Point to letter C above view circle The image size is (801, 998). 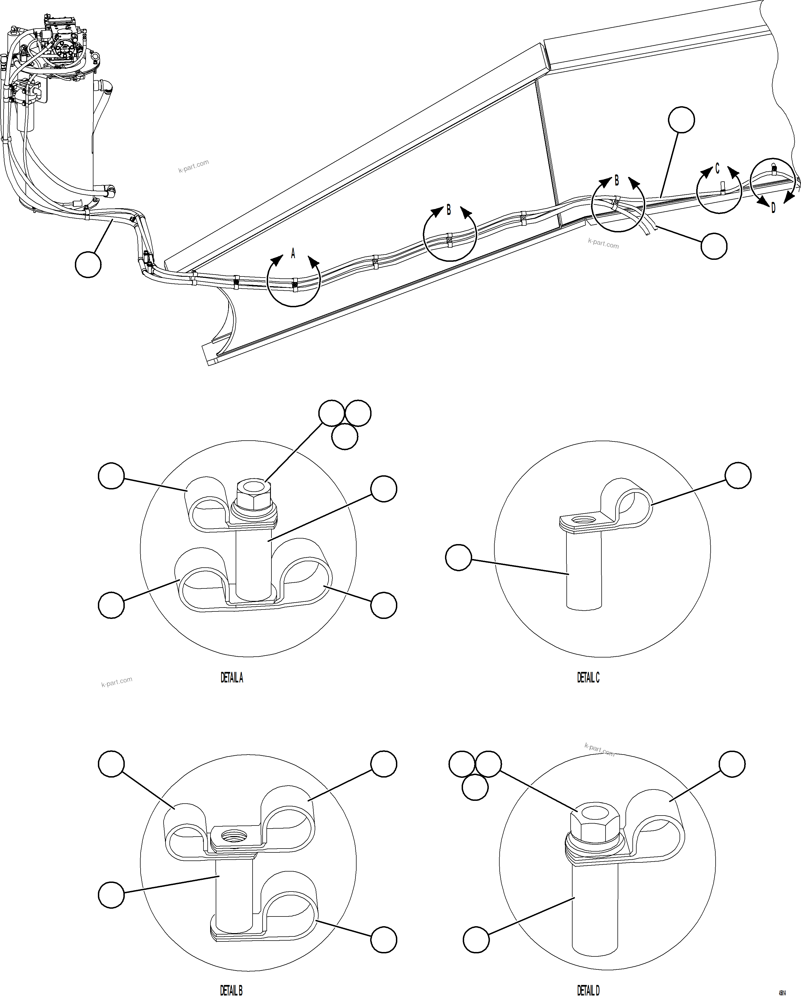click(717, 169)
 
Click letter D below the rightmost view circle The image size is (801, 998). click(773, 208)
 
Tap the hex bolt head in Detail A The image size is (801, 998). click(252, 492)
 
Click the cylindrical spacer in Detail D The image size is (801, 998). click(594, 903)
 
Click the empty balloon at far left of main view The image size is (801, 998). click(88, 264)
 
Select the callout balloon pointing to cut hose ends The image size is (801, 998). click(714, 246)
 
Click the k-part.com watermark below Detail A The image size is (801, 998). click(117, 682)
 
